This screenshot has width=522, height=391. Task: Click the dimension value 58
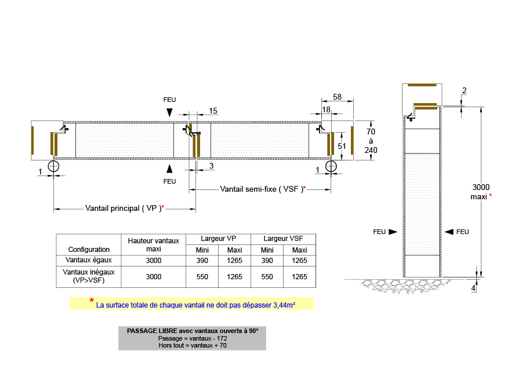point(337,97)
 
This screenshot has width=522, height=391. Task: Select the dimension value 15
point(213,111)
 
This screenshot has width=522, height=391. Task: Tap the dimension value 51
point(342,146)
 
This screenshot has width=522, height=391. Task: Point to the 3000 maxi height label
point(481,192)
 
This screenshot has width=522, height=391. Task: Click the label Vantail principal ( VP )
point(123,209)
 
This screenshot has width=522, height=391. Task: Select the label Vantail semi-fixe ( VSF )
point(262,189)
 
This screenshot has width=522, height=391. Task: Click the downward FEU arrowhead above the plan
point(169,112)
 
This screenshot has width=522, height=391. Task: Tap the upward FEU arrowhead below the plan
point(169,169)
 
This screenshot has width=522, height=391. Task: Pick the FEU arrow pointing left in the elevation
point(449,232)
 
